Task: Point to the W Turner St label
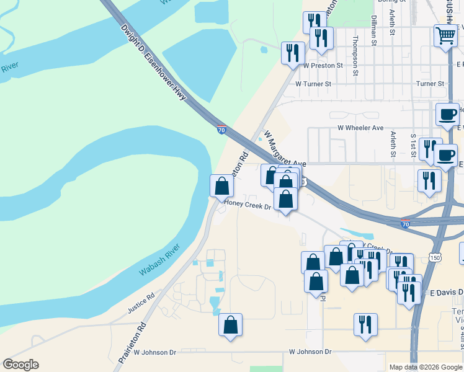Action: coord(313,83)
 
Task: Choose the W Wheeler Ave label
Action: coord(360,128)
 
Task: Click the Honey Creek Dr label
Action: coord(248,203)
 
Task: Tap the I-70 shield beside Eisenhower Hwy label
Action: coord(221,130)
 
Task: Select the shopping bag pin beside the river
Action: coord(221,185)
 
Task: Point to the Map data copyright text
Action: coord(425,367)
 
